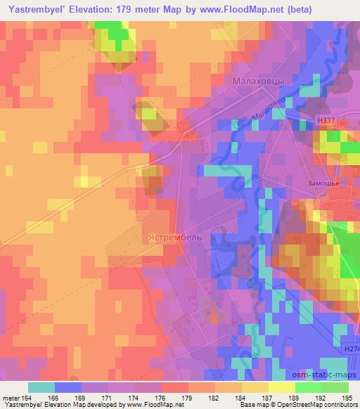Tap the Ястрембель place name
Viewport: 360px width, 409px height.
click(x=176, y=238)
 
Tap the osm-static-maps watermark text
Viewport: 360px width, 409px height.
click(x=326, y=376)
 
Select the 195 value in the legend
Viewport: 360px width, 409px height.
click(x=348, y=396)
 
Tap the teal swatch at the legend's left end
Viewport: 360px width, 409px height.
click(x=41, y=387)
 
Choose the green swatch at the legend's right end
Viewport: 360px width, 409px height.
click(x=335, y=387)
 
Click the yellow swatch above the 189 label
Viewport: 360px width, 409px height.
click(x=282, y=387)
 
